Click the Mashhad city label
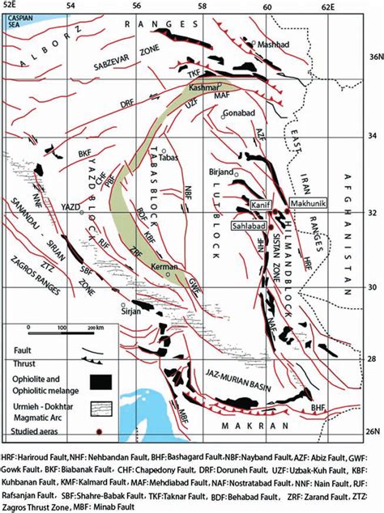click(273, 45)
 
